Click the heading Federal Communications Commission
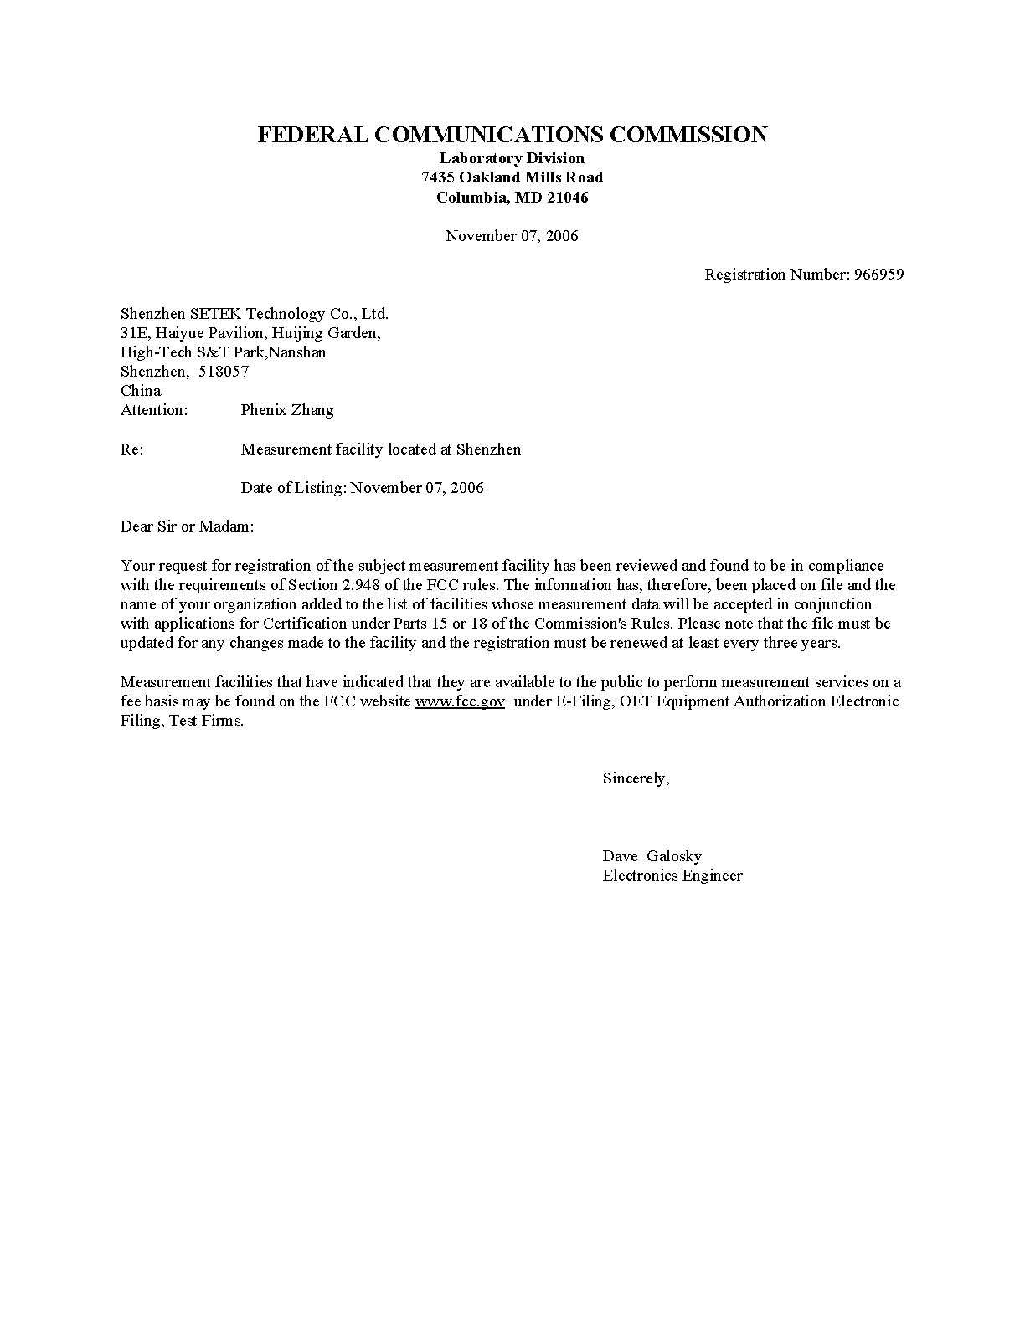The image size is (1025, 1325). pos(512,135)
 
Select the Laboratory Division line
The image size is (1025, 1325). pos(512,158)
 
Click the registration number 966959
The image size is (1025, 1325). pos(878,275)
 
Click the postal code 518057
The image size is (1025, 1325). pos(224,372)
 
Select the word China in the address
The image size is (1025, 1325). pos(141,391)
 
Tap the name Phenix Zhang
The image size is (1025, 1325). pos(286,410)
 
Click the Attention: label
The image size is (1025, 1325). pos(154,410)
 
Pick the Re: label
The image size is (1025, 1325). pos(131,449)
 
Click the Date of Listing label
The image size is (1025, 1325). pos(293,488)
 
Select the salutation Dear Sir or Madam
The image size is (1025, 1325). pos(187,526)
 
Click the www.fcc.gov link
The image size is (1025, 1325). pos(460,701)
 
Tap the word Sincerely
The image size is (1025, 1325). pos(636,778)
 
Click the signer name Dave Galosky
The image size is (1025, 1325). pos(652,856)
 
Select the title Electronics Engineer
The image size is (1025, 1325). pos(672,876)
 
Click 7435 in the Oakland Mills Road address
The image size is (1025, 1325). pos(438,177)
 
